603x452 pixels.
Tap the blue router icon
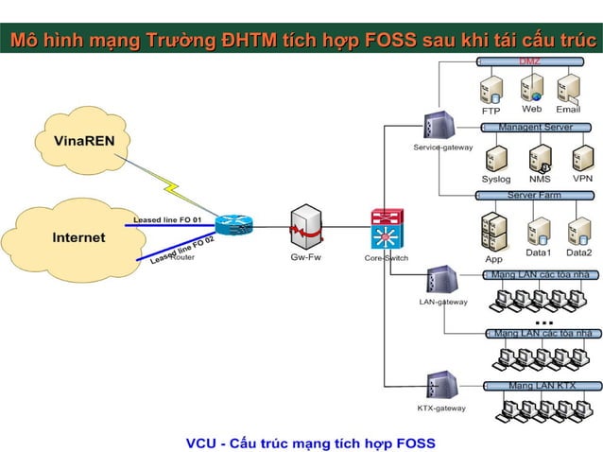pos(233,226)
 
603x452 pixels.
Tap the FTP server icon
pos(491,90)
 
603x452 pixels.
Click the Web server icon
pos(531,88)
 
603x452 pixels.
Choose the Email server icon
pos(568,88)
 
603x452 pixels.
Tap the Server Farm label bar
pos(534,195)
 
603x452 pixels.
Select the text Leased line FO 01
pos(167,219)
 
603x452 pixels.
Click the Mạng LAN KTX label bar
pos(541,386)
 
